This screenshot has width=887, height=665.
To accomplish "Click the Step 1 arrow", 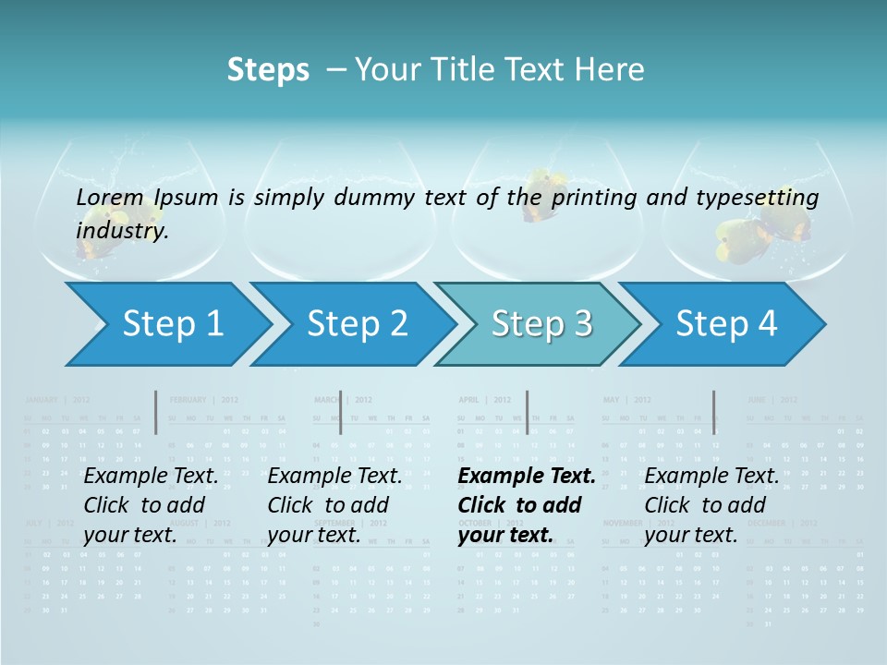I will (171, 324).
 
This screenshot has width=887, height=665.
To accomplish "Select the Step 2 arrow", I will (356, 324).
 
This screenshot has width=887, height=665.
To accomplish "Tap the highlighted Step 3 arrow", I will (541, 324).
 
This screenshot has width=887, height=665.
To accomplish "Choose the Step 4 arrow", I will (725, 324).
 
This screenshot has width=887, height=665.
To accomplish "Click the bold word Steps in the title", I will (268, 69).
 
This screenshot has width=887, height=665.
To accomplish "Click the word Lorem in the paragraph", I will (110, 197).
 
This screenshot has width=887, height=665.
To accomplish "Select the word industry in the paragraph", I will (121, 230).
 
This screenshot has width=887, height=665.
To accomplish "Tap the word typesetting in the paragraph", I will (760, 197).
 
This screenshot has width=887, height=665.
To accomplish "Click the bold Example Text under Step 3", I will (527, 477).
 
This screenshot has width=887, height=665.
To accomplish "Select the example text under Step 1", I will (151, 505).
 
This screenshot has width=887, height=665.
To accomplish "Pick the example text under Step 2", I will (334, 505).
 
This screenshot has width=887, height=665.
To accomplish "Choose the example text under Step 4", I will (711, 505).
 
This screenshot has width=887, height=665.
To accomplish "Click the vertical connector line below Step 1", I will (156, 412).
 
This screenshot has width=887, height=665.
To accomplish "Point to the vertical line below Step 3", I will (527, 412).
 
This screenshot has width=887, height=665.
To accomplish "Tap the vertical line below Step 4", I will (713, 412).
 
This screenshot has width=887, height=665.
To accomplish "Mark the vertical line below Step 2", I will (340, 412).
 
